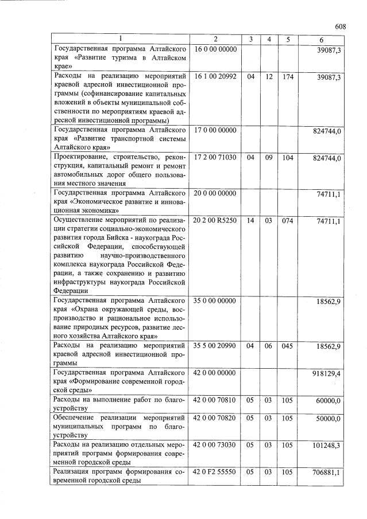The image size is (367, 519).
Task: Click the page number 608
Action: (x=340, y=26)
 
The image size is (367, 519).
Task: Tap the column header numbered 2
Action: (x=215, y=39)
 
